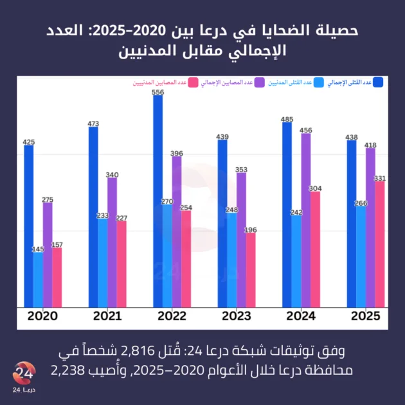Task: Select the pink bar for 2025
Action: pyautogui.click(x=380, y=244)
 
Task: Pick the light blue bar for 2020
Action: pyautogui.click(x=39, y=280)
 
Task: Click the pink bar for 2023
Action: pyautogui.click(x=251, y=270)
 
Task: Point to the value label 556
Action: pyautogui.click(x=157, y=92)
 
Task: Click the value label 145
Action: pyautogui.click(x=38, y=249)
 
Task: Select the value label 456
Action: pyautogui.click(x=306, y=130)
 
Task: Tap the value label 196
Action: pyautogui.click(x=251, y=230)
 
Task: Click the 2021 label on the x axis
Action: pyautogui.click(x=107, y=316)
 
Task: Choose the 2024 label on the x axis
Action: pyautogui.click(x=301, y=316)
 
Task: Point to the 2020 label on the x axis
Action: pyautogui.click(x=42, y=316)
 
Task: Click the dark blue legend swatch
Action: pyautogui.click(x=378, y=82)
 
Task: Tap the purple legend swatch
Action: pyautogui.click(x=260, y=82)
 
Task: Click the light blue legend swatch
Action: pyautogui.click(x=319, y=82)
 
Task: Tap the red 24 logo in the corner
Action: pyautogui.click(x=24, y=374)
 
